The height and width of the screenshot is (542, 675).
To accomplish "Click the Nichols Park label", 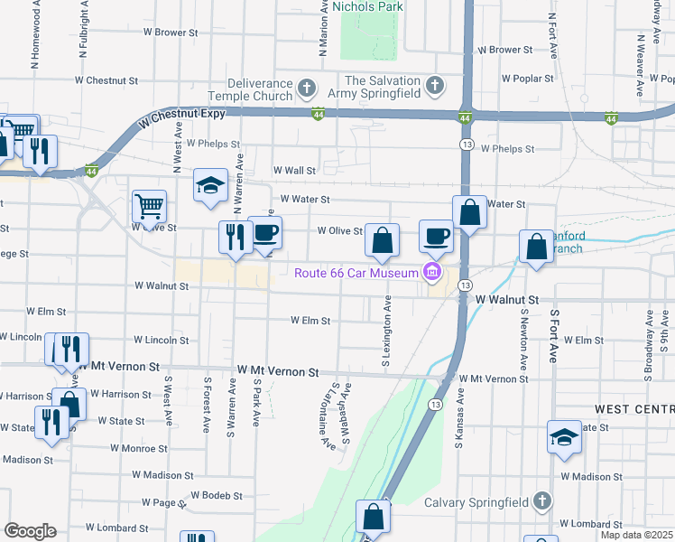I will click(x=367, y=6).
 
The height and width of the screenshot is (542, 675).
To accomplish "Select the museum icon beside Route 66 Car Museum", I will click(x=431, y=272).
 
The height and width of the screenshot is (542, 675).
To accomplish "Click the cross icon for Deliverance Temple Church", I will click(x=307, y=89).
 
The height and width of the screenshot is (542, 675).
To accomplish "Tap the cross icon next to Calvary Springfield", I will click(x=541, y=500).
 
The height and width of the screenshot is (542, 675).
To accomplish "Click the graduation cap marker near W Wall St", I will click(x=210, y=186).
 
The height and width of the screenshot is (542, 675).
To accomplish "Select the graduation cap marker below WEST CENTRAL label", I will click(x=564, y=438).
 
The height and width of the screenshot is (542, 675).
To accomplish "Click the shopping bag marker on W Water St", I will click(x=469, y=213).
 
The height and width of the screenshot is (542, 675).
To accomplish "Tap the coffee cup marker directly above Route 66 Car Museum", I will click(x=437, y=237).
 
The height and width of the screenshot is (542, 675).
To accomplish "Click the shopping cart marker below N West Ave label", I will click(x=149, y=205).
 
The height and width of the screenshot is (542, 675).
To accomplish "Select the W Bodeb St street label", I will click(x=217, y=496).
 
